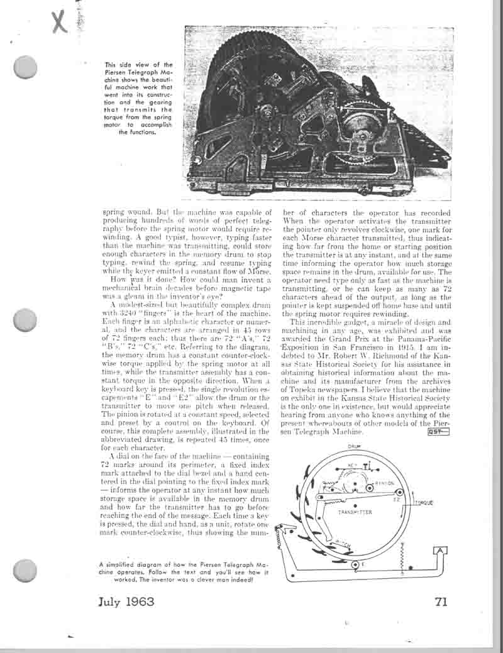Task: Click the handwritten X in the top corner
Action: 59,22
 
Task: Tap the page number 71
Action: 441,601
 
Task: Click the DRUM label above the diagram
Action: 352,447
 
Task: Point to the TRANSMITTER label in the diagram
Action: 355,512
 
